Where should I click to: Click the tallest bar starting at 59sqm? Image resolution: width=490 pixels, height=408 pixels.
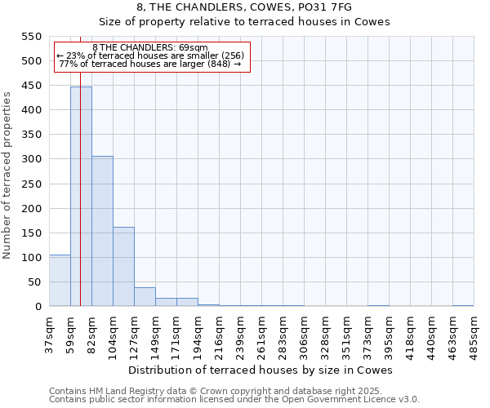coord(81,196)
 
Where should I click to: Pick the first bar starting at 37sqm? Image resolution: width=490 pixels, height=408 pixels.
coord(60,281)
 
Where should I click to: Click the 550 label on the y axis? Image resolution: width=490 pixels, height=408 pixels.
coord(32,37)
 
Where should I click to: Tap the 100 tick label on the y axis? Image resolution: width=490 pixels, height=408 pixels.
coord(32,258)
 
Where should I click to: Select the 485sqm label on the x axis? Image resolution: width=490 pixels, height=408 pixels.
coord(474,333)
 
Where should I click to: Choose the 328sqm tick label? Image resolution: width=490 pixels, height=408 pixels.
coord(325,333)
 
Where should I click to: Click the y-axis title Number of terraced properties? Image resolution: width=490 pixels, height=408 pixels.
coord(8,175)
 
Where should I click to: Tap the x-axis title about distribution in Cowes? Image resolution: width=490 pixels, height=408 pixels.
coord(261,370)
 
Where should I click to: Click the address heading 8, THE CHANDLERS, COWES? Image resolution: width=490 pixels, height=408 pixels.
coord(244,7)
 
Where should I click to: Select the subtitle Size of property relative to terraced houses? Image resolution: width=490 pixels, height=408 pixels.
coord(244,22)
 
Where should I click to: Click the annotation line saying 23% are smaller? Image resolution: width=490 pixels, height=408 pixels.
coord(150,55)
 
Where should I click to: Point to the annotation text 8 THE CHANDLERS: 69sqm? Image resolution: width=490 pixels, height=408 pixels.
coord(150,47)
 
